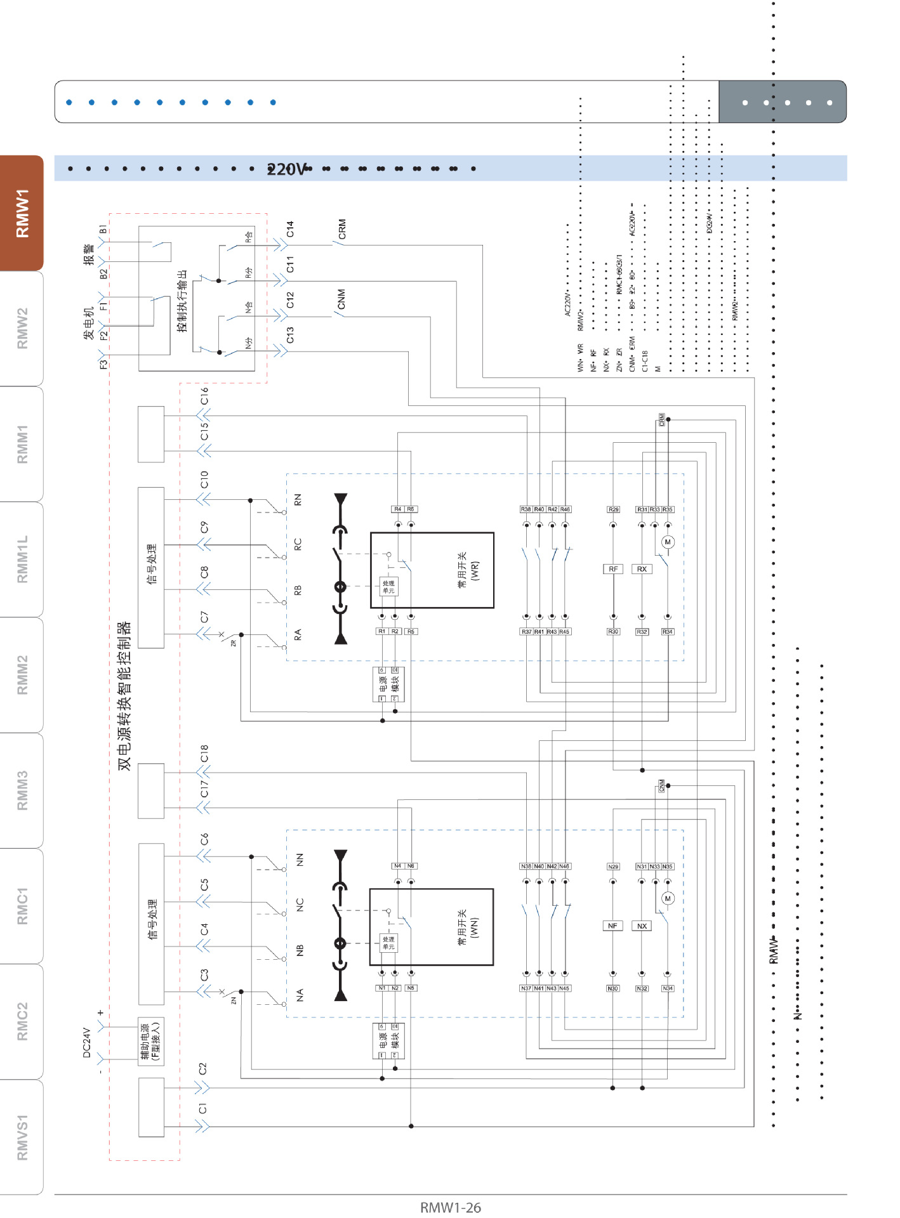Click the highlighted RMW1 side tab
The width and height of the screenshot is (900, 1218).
[x=22, y=213]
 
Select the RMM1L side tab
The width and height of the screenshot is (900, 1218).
[x=22, y=559]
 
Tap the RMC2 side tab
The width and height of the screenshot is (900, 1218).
[x=22, y=1021]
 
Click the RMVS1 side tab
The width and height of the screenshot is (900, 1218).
[x=22, y=1137]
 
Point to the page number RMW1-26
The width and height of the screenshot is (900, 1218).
[x=450, y=1207]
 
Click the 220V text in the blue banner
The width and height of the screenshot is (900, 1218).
[x=286, y=169]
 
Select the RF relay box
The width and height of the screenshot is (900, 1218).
[x=613, y=569]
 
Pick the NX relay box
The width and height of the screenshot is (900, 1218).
[x=642, y=926]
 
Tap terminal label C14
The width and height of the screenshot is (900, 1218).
[x=290, y=229]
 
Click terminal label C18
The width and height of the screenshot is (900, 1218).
[x=204, y=753]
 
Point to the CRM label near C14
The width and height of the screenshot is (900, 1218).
[x=342, y=229]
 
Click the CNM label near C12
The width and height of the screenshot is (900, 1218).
[x=341, y=299]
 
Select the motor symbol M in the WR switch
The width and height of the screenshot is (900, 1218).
[x=667, y=542]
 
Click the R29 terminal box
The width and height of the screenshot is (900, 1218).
[x=613, y=509]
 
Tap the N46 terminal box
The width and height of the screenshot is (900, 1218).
[x=564, y=866]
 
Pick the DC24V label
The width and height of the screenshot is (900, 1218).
[x=87, y=1042]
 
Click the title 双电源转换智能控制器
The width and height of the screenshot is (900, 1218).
[x=124, y=695]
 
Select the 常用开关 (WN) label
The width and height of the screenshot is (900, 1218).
[x=468, y=927]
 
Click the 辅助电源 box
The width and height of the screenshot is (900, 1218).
[x=151, y=1041]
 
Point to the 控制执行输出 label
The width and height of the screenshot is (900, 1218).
[x=183, y=301]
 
